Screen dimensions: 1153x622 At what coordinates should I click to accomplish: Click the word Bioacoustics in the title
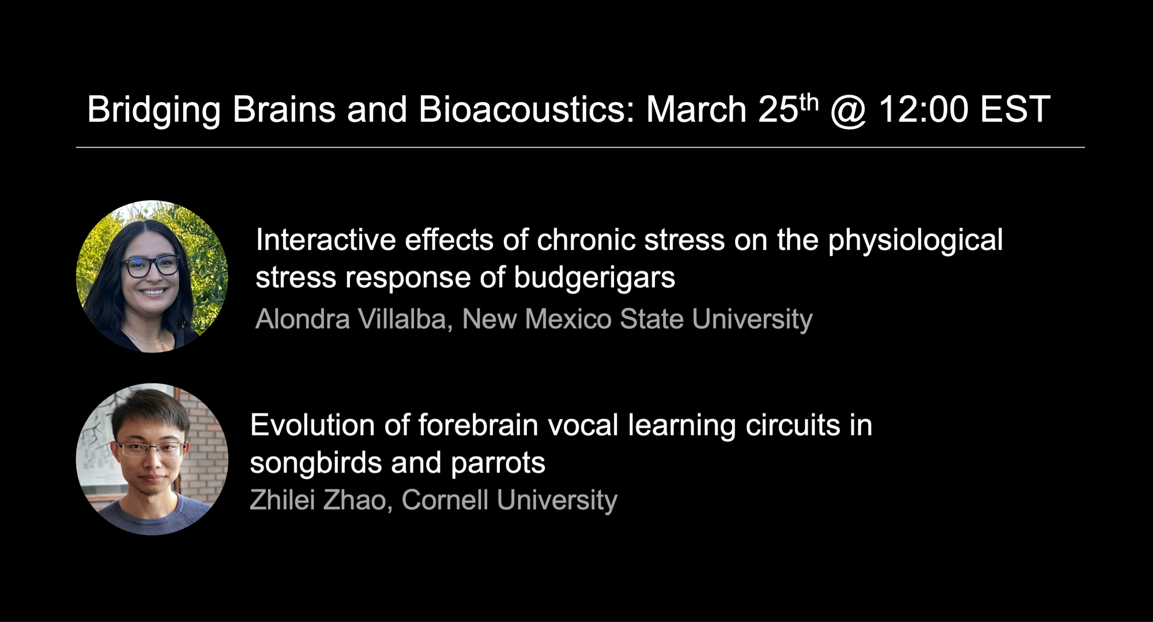pyautogui.click(x=526, y=109)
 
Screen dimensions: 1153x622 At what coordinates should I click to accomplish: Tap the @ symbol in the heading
pyautogui.click(x=849, y=110)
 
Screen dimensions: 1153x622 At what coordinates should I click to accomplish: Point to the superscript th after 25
pyautogui.click(x=809, y=102)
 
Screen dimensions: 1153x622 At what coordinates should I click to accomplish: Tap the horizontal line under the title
pyautogui.click(x=580, y=148)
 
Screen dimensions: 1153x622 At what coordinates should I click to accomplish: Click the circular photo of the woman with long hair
pyautogui.click(x=152, y=276)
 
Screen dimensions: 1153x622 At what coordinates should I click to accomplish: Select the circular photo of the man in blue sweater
pyautogui.click(x=152, y=459)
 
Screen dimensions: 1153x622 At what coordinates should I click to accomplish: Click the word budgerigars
pyautogui.click(x=594, y=279)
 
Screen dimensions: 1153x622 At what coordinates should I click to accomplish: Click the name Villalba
pyautogui.click(x=402, y=319)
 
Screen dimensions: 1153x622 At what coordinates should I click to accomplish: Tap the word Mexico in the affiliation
pyautogui.click(x=568, y=319)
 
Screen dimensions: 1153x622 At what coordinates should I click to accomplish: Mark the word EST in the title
pyautogui.click(x=1015, y=109)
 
